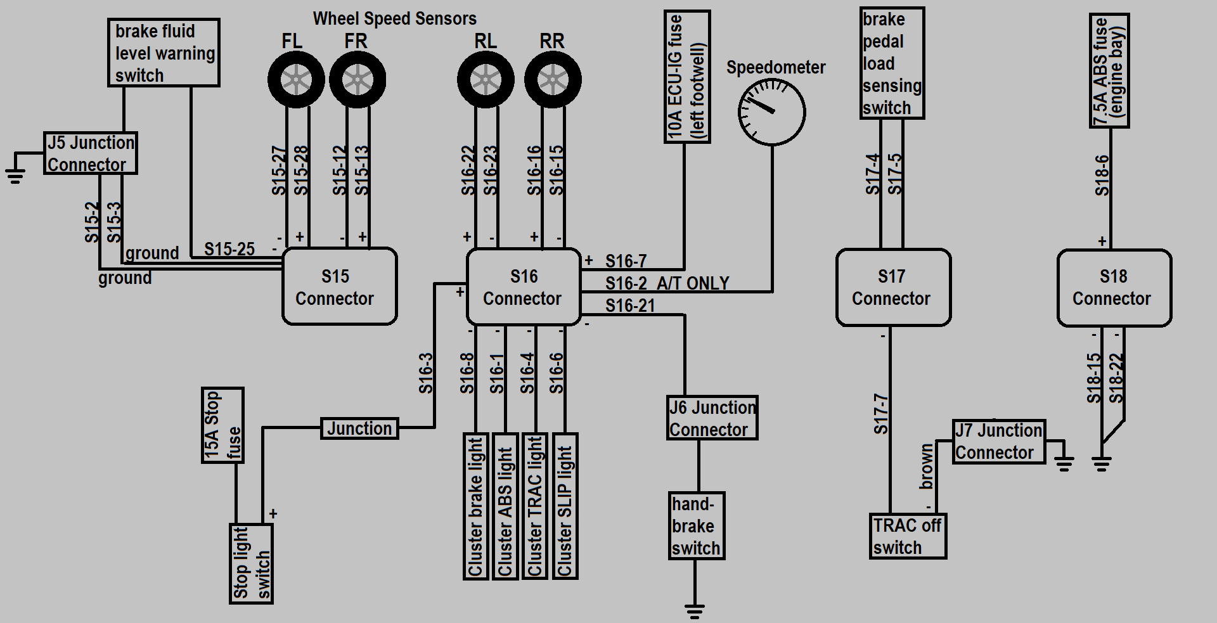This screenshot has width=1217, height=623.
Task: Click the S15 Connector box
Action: tap(339, 286)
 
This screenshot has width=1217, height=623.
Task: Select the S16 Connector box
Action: tap(524, 286)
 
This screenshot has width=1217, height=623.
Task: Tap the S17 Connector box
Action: tap(893, 287)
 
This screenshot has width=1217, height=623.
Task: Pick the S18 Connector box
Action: tap(1114, 288)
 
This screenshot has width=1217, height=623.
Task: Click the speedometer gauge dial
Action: tap(772, 112)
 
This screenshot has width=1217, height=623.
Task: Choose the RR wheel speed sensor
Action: tap(553, 80)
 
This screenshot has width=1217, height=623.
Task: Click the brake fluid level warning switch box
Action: tap(164, 53)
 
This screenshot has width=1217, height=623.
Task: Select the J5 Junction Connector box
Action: tap(91, 153)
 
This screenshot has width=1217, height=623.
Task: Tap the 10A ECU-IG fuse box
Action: tap(687, 77)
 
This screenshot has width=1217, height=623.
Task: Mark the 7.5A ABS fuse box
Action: tap(1109, 70)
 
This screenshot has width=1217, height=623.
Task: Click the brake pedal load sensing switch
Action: tap(892, 63)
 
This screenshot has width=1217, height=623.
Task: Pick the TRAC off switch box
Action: tap(908, 536)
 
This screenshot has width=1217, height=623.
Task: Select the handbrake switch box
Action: tap(697, 526)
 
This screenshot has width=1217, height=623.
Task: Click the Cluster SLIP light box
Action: tap(565, 506)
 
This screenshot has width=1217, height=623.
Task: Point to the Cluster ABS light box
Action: tap(505, 506)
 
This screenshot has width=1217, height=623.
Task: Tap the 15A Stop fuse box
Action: tap(222, 425)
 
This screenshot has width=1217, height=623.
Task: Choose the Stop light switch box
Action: tap(252, 563)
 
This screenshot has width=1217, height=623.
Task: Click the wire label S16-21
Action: tap(629, 305)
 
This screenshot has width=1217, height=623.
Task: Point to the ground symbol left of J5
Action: tap(15, 173)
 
